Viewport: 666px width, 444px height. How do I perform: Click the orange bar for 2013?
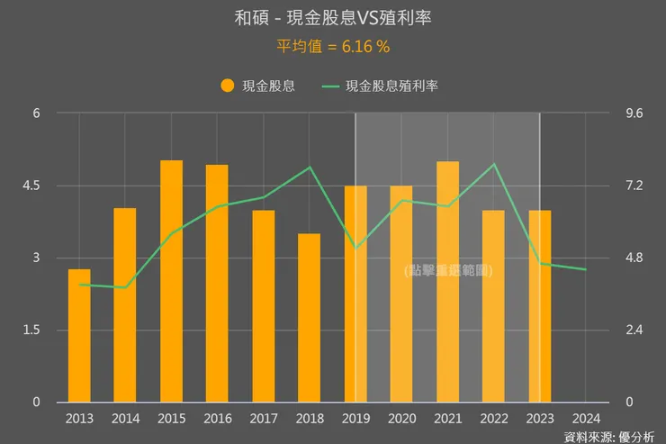pyautogui.click(x=79, y=335)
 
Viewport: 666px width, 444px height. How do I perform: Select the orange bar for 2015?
pyautogui.click(x=172, y=281)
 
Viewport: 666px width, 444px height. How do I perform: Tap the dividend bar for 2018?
pyautogui.click(x=309, y=317)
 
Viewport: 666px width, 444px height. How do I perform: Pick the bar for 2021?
pyautogui.click(x=447, y=281)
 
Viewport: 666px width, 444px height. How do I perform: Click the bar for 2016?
pyautogui.click(x=217, y=283)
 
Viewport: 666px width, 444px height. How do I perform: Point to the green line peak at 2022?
pyautogui.click(x=493, y=164)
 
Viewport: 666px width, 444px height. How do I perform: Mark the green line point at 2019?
pyautogui.click(x=355, y=248)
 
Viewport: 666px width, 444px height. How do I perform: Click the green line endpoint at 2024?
pyautogui.click(x=586, y=269)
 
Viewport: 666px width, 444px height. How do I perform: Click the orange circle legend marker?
pyautogui.click(x=227, y=86)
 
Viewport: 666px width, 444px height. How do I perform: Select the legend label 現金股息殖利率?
pyautogui.click(x=391, y=86)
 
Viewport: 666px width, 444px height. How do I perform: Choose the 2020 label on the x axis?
pyautogui.click(x=401, y=418)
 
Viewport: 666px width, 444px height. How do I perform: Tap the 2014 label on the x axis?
pyautogui.click(x=125, y=418)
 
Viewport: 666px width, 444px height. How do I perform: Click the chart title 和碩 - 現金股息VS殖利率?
pyautogui.click(x=332, y=18)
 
